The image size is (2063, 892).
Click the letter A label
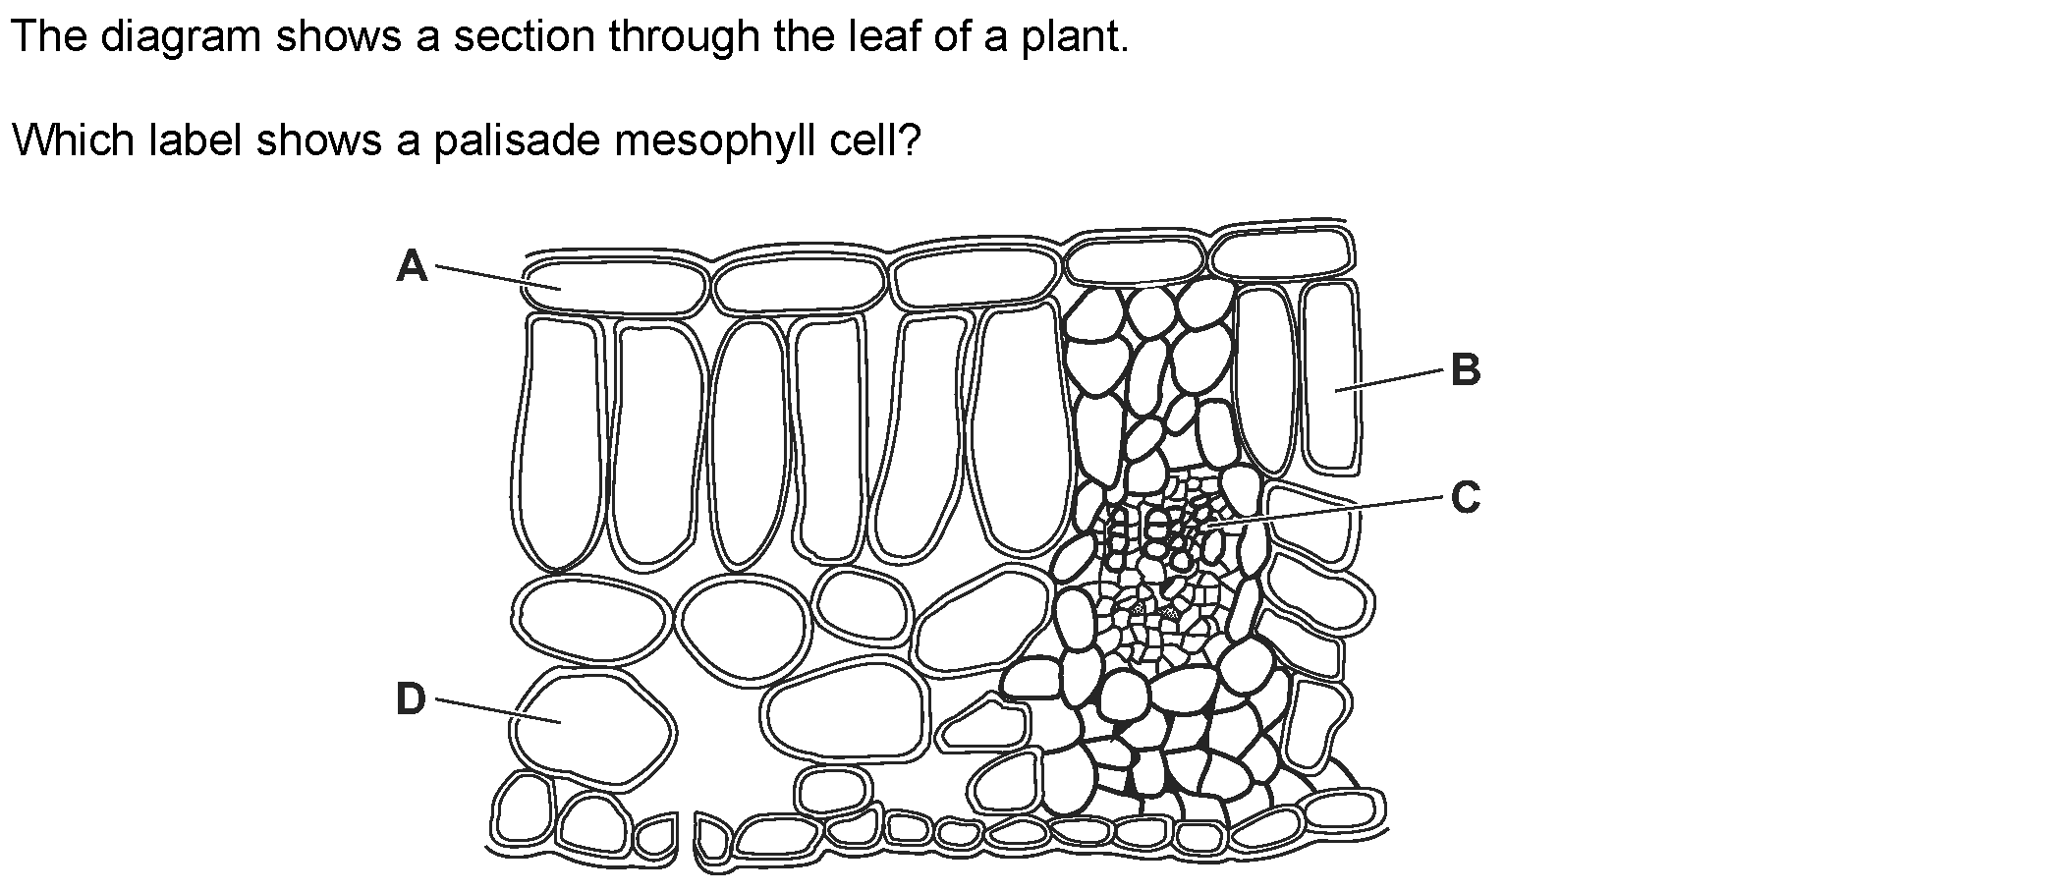[x=413, y=266]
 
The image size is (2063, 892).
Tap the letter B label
[x=1465, y=371]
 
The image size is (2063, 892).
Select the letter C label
[x=1465, y=498]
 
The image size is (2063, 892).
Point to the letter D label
[x=412, y=700]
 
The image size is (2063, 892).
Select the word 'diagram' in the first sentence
[x=181, y=37]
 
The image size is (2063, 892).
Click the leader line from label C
[x=1326, y=513]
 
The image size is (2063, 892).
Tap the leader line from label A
[x=497, y=277]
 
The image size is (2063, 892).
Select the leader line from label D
[x=497, y=711]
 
